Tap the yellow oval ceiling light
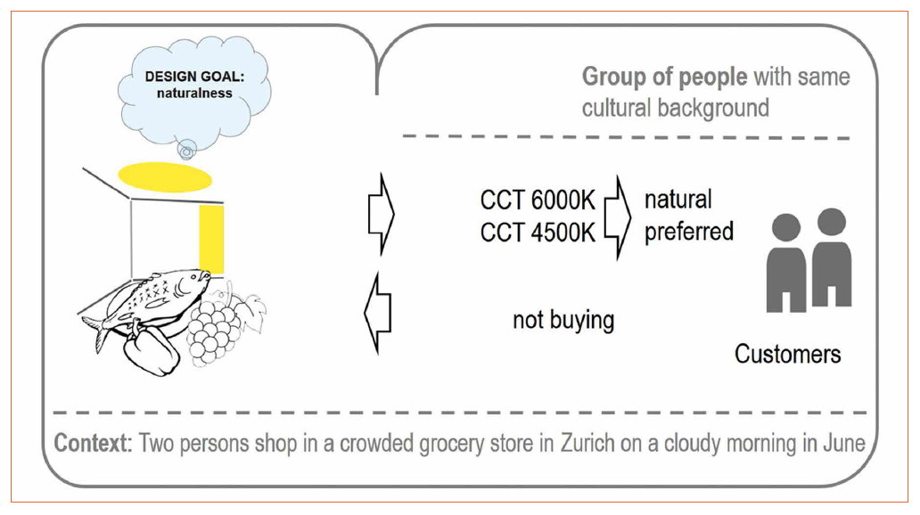(x=166, y=177)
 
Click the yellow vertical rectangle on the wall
(x=211, y=238)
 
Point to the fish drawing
(x=152, y=298)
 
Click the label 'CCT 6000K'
(x=538, y=201)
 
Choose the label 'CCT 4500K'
(x=538, y=233)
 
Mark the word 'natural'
(x=678, y=199)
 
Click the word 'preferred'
(x=689, y=232)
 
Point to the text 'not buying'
(x=563, y=319)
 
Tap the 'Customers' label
(x=787, y=354)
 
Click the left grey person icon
(x=786, y=263)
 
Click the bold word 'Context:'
(x=93, y=443)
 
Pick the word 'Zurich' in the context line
(x=589, y=443)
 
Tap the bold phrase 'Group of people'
(x=664, y=77)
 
